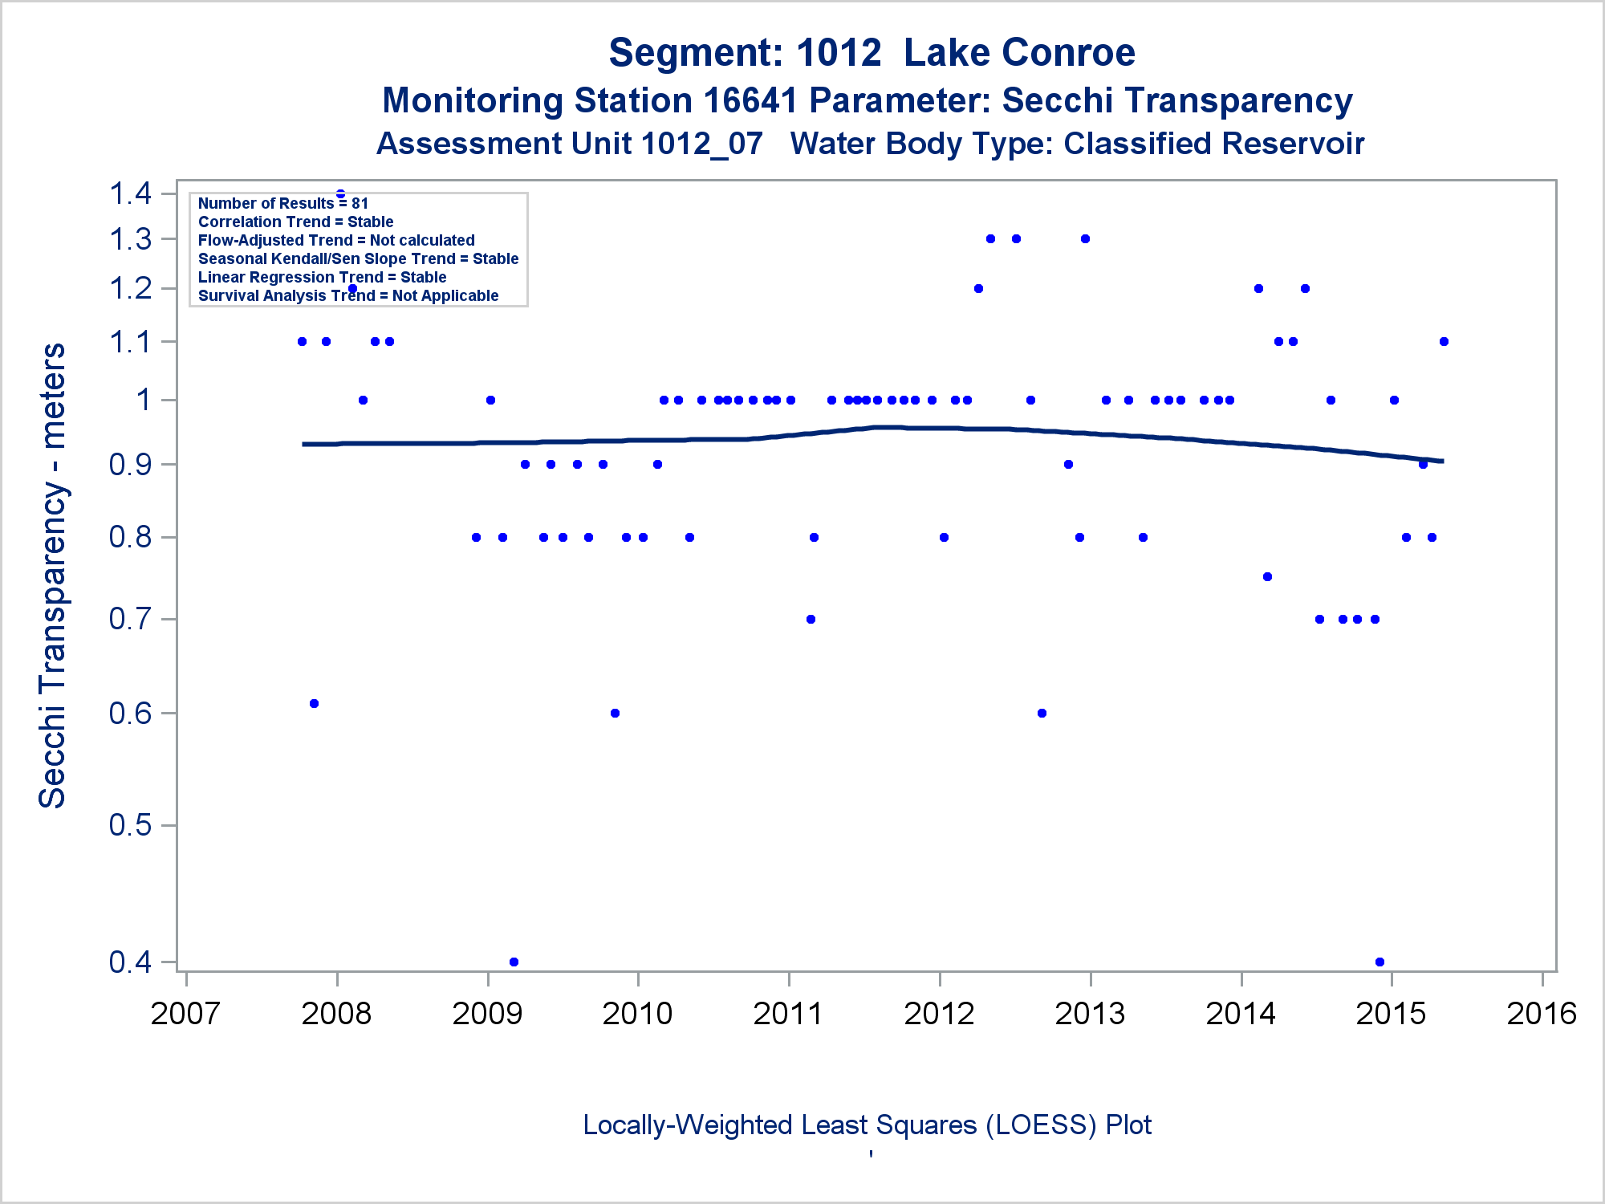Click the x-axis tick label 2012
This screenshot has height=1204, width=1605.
[x=939, y=1014]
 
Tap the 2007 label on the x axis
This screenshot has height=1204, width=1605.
[x=185, y=1014]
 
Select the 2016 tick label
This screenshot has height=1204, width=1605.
[x=1542, y=1014]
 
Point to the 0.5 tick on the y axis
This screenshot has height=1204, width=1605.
[x=131, y=825]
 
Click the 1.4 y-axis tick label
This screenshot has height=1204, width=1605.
[x=131, y=193]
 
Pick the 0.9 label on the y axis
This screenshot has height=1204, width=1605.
[x=131, y=465]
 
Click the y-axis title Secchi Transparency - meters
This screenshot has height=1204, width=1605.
[x=53, y=576]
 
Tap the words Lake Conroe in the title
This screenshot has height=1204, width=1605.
[x=1019, y=53]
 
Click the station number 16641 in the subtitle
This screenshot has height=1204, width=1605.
[x=750, y=101]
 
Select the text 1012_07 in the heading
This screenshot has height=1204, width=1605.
[x=702, y=144]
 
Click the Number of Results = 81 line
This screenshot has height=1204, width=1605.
[x=282, y=203]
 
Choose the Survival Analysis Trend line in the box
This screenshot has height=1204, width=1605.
[x=348, y=295]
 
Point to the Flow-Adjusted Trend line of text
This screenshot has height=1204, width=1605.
[x=336, y=240]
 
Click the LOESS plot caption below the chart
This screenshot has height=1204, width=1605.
[x=867, y=1125]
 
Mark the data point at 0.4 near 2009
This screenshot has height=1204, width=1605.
[x=514, y=962]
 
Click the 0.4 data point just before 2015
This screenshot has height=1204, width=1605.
[x=1379, y=962]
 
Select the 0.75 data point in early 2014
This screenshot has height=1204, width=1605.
[x=1267, y=576]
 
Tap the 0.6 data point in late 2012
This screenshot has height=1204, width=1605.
[x=1042, y=713]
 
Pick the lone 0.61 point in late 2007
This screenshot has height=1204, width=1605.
[x=314, y=703]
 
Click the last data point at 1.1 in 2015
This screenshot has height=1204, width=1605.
[x=1444, y=341]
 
